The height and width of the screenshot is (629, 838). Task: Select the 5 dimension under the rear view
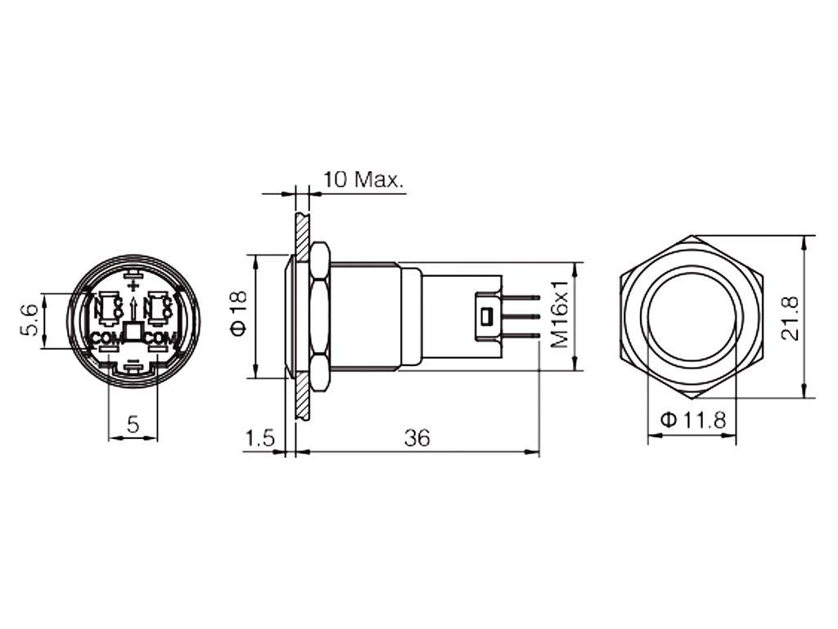(x=133, y=423)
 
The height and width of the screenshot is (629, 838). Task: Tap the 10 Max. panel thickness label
(x=363, y=179)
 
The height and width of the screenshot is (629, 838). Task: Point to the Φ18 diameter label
(x=238, y=316)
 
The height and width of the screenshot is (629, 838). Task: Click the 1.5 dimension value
(x=259, y=438)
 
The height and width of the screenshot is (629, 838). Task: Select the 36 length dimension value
(x=417, y=438)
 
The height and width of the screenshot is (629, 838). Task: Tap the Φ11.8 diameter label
(x=692, y=420)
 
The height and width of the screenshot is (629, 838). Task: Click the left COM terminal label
(x=104, y=338)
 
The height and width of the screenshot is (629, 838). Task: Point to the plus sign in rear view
(x=133, y=285)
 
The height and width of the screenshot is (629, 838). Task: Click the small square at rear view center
(x=133, y=333)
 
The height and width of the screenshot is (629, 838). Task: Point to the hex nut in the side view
(x=319, y=316)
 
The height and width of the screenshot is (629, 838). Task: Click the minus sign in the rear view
(x=133, y=359)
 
